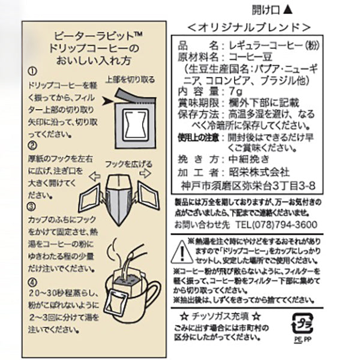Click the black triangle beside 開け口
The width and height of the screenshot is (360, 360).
click(x=287, y=10)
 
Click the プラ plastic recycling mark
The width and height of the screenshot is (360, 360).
click(x=302, y=323)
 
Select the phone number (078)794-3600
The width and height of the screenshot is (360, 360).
click(x=284, y=225)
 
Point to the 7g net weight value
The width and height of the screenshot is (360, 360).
click(x=236, y=92)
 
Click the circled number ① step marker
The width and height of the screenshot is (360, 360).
click(x=32, y=71)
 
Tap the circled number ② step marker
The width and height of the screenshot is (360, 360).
click(x=32, y=145)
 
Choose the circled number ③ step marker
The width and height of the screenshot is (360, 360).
click(x=32, y=207)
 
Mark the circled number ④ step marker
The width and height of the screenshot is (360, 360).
click(x=32, y=283)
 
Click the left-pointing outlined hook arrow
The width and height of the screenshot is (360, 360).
click(x=95, y=176)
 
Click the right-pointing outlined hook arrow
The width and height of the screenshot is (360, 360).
click(x=146, y=173)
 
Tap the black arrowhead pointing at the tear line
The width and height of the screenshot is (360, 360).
click(x=107, y=101)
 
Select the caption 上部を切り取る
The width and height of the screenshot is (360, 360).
click(x=130, y=80)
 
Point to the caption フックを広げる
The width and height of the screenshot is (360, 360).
click(x=128, y=164)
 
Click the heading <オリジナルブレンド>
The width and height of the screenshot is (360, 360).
click(x=249, y=28)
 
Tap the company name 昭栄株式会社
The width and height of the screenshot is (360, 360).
click(x=259, y=172)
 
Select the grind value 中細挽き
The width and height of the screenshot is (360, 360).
click(x=249, y=159)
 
